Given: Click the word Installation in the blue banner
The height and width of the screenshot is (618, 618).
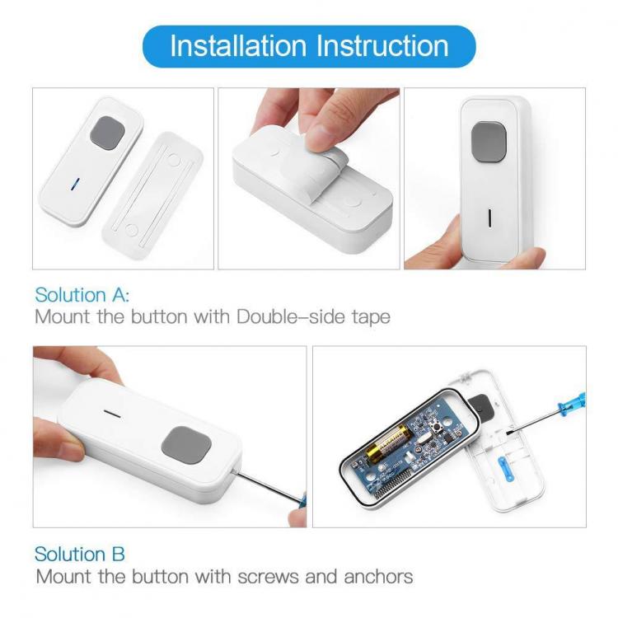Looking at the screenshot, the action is coord(238,46).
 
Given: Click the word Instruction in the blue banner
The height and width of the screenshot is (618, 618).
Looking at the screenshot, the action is coord(382,46).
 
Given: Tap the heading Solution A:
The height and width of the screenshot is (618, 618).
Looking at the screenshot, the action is coord(82,295).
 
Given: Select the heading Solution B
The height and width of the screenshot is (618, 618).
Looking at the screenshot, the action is coord(80,554).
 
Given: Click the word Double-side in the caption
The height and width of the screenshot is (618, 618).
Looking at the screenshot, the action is coord(291,316).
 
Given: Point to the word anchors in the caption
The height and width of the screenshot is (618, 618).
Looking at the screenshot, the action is coord(378,577).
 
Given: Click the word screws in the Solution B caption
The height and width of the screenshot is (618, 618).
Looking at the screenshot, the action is coord(269,578).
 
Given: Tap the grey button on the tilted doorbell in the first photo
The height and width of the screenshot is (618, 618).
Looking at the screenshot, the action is coord(107,133).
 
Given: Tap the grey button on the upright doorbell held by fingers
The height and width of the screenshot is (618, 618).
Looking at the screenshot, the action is coord(489,142).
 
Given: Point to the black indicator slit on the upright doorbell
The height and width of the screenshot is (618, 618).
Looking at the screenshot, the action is coord(489,218).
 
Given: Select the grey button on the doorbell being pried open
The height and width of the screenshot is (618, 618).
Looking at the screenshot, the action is coord(186,445).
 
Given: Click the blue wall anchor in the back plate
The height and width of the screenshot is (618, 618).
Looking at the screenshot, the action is coord(506,468).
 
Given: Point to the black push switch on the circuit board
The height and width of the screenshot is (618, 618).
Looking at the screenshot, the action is coord(438,428).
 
